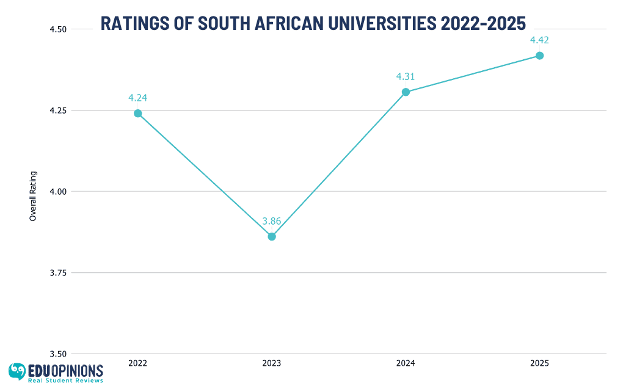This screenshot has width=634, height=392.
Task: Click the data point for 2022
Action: coord(138,113)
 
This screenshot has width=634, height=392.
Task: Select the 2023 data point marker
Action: coord(272,236)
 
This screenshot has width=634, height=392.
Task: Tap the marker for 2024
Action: coord(406,92)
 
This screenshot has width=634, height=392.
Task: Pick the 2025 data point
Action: coord(539,56)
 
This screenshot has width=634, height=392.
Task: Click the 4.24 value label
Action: coord(138,98)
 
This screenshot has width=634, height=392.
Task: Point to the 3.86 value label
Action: coord(272,221)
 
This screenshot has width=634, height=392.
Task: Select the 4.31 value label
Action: coord(406,77)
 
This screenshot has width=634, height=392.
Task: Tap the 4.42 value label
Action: coord(539,40)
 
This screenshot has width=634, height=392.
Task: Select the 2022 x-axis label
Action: coord(138,363)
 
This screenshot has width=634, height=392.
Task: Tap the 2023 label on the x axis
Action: coord(272,363)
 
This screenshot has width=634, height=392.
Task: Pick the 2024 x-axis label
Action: coord(406,363)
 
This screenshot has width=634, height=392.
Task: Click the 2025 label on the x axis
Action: coord(539,363)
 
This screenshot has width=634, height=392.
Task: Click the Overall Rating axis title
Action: coord(33,195)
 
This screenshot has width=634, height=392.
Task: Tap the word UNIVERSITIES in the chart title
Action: coord(374,23)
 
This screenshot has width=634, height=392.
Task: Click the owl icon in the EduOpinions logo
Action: coord(17,371)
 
